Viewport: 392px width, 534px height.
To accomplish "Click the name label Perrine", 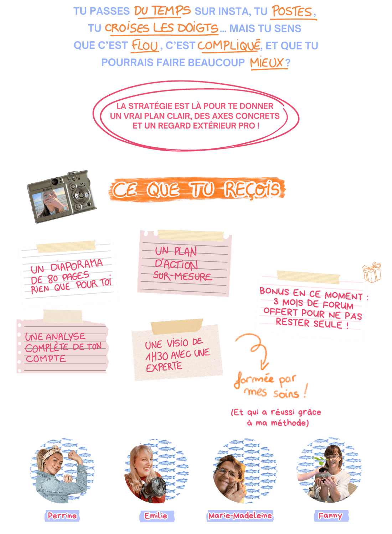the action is coord(62,515).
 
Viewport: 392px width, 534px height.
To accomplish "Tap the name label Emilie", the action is coord(156,515).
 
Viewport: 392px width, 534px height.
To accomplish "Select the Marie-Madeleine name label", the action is coord(240,515).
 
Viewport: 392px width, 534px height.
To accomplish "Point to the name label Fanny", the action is coord(331,515).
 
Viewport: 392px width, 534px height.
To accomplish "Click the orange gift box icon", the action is coord(372,272).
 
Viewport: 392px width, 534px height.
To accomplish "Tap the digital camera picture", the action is coord(62,197).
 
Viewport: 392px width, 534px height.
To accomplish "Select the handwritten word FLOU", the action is coord(145,45).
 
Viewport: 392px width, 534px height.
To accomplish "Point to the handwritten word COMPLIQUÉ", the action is coord(229,45).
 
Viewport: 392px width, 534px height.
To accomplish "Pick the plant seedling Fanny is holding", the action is coord(322,464).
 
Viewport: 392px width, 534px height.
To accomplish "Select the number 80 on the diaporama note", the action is coord(52,278).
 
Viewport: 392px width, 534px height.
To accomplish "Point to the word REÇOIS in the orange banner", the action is coord(252,189).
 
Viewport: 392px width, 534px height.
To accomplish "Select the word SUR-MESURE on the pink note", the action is coord(182,276).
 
